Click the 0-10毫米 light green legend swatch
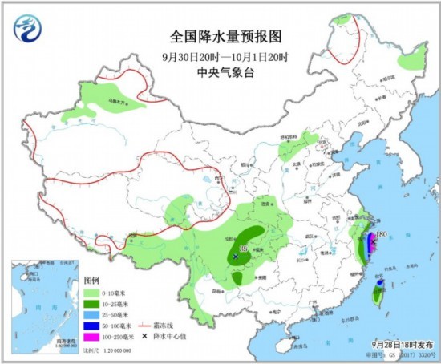click(x=91, y=294)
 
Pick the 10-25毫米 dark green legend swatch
click(x=91, y=305)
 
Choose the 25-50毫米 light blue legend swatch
click(x=91, y=316)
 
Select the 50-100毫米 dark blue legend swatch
click(x=91, y=326)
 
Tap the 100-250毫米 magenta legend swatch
click(x=91, y=338)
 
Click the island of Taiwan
click(x=377, y=297)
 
